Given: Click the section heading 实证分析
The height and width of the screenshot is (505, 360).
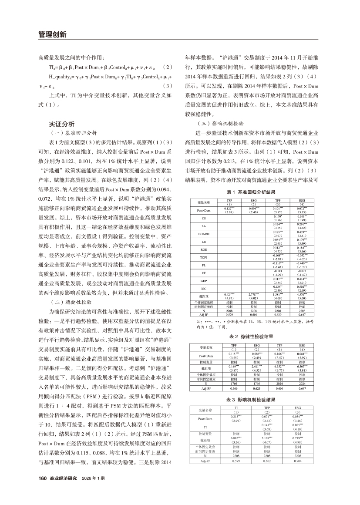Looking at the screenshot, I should pyautogui.click(x=62, y=123).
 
